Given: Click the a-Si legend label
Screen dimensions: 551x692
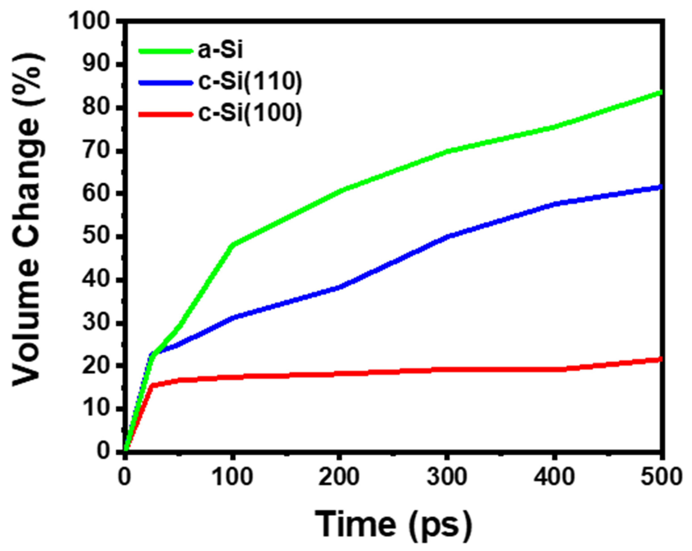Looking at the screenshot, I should [220, 51].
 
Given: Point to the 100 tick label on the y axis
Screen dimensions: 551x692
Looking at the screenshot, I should [92, 22].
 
